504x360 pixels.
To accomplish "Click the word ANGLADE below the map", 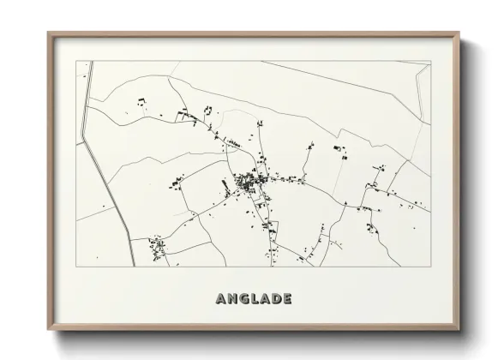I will point(254,299).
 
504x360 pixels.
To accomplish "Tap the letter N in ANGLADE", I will point(233,299).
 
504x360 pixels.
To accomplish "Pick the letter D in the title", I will point(277,299).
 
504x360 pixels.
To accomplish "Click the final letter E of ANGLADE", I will point(288,299).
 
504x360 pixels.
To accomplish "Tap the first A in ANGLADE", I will point(221,299).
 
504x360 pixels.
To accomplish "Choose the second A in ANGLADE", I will point(266,299).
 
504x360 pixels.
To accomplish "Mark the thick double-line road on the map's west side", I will point(105,171).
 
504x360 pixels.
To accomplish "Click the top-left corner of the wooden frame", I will point(49,33).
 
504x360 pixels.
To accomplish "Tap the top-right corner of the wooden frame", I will point(459,33).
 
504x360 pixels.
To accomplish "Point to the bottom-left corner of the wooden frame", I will point(49,330).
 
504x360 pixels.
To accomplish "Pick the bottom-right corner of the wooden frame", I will point(459,330).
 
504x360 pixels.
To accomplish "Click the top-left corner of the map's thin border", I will point(76,61).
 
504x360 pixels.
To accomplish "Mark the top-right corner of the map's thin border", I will point(430,61).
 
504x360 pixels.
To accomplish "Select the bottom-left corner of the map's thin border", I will point(76,267).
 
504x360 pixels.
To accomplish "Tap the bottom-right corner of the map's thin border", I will point(430,267).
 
